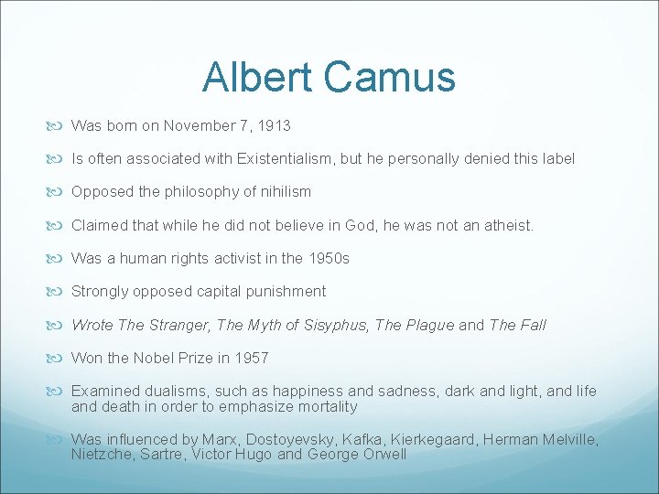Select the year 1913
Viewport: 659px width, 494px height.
(x=274, y=125)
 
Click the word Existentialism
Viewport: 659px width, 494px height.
(x=285, y=158)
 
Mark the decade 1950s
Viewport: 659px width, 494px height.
(x=328, y=258)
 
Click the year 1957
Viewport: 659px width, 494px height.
(x=251, y=358)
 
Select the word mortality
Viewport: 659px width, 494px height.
(x=325, y=406)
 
